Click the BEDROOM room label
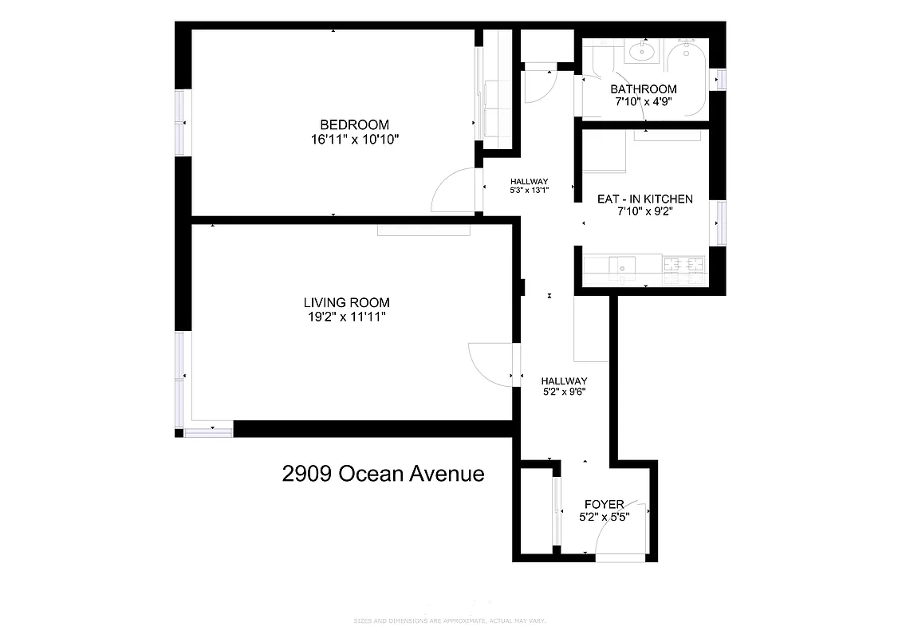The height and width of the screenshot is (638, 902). click(x=354, y=124)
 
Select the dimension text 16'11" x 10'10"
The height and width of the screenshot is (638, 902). click(x=354, y=140)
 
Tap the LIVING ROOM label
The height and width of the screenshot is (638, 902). click(x=346, y=302)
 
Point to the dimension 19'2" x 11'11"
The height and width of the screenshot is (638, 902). click(x=346, y=317)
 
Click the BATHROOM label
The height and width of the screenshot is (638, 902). click(x=643, y=89)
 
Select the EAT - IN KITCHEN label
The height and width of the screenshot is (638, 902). click(x=644, y=199)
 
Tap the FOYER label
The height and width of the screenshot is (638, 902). click(x=604, y=504)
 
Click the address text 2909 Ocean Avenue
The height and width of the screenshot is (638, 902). click(x=383, y=474)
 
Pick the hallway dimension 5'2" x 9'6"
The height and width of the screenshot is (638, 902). click(x=564, y=392)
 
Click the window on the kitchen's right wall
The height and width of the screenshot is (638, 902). click(x=722, y=223)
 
